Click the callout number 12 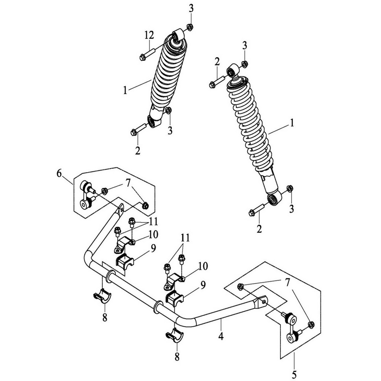(x=149, y=35)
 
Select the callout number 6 (x=59, y=173)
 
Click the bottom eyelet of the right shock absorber (x=273, y=199)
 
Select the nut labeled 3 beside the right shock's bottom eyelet (x=290, y=188)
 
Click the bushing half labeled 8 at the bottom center (x=175, y=336)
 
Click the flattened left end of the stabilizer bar (x=120, y=209)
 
